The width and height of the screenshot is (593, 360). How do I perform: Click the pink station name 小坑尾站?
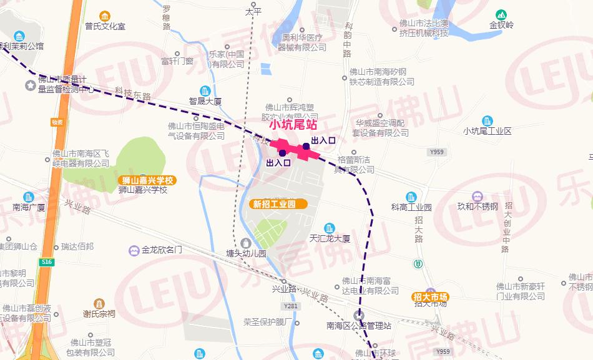(x=293, y=125)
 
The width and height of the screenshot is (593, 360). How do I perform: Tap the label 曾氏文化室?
(x=105, y=27)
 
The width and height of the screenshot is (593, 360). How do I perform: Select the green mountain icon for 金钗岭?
(x=501, y=14)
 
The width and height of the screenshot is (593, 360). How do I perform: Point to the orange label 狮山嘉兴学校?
(x=148, y=180)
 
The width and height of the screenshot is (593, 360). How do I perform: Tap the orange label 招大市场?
(x=430, y=296)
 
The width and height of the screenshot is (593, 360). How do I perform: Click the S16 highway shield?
(x=46, y=263)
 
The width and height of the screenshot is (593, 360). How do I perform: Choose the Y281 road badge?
(x=291, y=306)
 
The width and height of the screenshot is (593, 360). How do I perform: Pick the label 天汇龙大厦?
(x=330, y=238)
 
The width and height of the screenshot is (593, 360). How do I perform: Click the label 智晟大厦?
(x=205, y=100)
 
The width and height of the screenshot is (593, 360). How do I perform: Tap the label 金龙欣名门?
(x=161, y=250)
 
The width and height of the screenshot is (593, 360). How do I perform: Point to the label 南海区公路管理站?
(x=358, y=325)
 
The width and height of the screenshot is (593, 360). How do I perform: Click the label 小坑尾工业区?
(x=487, y=131)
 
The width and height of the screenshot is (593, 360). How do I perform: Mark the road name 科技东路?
(x=133, y=94)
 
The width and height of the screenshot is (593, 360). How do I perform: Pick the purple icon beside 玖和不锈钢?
(x=478, y=195)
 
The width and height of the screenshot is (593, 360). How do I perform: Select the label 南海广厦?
(x=29, y=207)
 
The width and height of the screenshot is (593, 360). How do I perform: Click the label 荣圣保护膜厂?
(x=268, y=323)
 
